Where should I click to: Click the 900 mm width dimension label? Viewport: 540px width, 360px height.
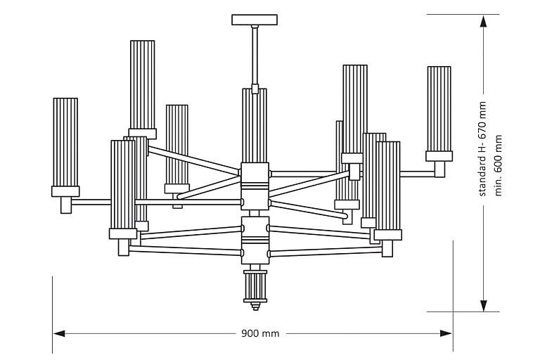tap(260, 333)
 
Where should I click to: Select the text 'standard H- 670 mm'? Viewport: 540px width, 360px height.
tap(482, 148)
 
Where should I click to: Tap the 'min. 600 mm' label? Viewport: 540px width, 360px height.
tap(499, 166)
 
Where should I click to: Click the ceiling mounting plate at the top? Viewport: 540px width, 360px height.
tap(255, 19)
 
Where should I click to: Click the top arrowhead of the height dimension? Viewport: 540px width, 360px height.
tap(484, 20)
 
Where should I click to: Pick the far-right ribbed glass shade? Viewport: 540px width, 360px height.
tap(439, 108)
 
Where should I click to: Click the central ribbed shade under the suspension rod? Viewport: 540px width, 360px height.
tap(255, 127)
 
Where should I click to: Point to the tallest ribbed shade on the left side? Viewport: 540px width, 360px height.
tap(142, 84)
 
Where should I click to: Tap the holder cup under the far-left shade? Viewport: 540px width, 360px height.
tap(65, 191)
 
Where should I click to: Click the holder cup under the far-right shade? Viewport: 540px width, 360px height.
tap(439, 156)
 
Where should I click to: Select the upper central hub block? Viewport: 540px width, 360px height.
tap(255, 186)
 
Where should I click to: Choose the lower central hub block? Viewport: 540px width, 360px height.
tap(255, 239)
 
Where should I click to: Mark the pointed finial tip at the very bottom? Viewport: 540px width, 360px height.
tap(255, 308)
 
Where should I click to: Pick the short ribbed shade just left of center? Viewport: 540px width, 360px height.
tap(177, 144)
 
